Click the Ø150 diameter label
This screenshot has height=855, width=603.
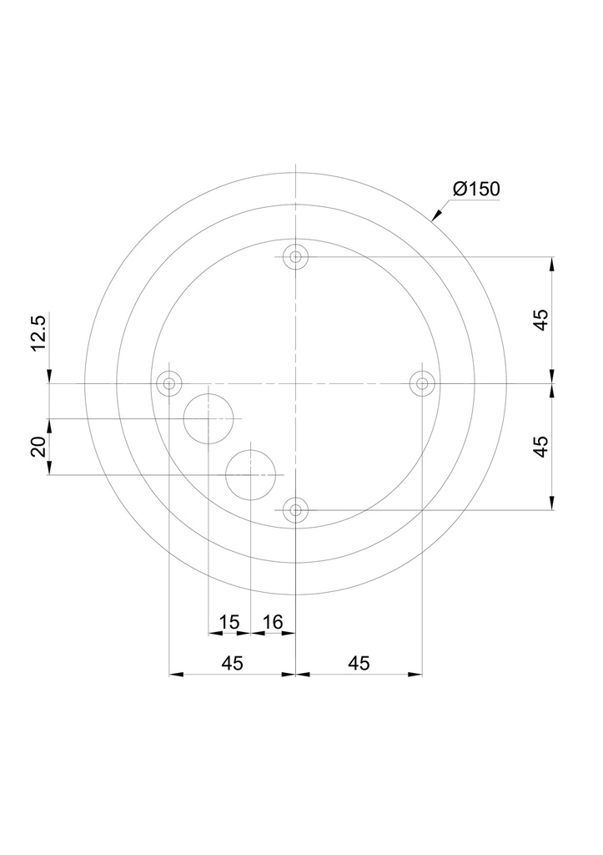click(x=476, y=190)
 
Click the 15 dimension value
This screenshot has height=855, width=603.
click(x=229, y=621)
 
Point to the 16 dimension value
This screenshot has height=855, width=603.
click(x=273, y=621)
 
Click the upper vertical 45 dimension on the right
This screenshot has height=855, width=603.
click(x=540, y=320)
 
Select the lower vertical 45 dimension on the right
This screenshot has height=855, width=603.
click(x=540, y=447)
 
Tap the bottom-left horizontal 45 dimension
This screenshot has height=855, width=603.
click(x=232, y=663)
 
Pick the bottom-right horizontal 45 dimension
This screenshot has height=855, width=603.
click(x=359, y=663)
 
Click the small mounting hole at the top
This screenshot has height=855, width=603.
click(x=295, y=257)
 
